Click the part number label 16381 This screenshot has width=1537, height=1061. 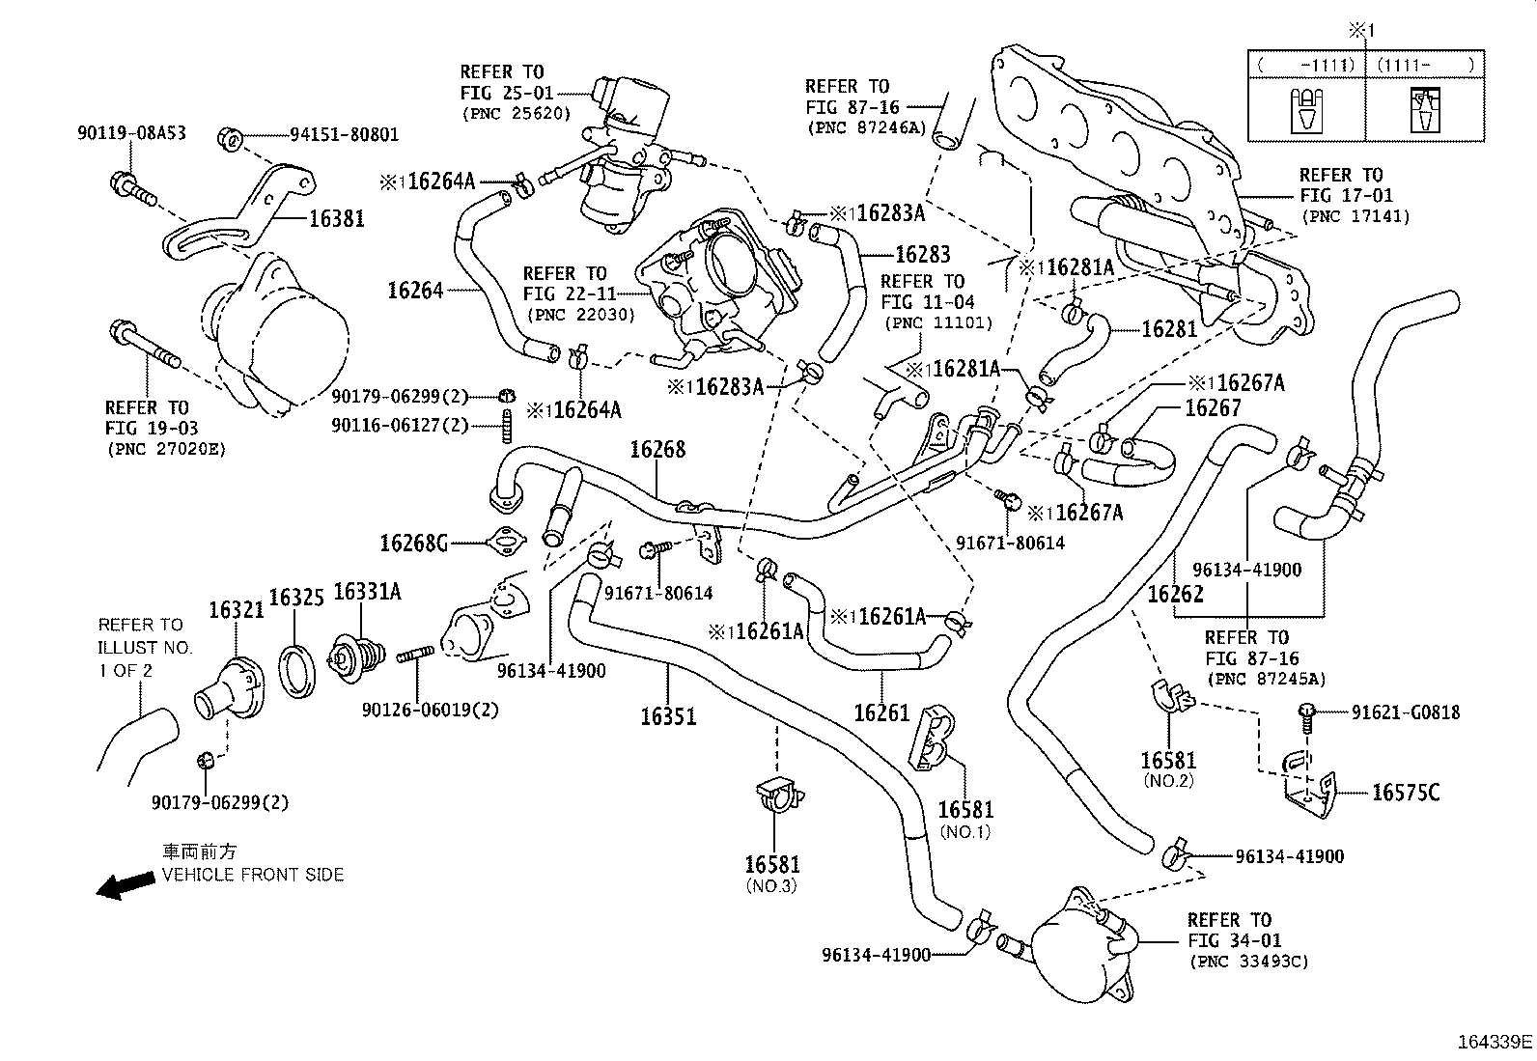336,219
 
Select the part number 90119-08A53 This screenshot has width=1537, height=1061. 131,133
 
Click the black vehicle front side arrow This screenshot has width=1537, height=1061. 126,884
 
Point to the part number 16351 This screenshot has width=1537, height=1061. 668,716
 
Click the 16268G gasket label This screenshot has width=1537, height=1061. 414,543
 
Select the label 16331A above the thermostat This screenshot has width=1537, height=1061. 367,591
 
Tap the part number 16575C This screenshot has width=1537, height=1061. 1406,793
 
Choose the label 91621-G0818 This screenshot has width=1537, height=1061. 1406,712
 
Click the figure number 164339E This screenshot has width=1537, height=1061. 1495,1042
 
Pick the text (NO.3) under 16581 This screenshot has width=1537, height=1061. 771,885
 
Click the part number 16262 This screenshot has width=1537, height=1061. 1175,594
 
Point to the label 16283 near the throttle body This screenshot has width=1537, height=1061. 923,254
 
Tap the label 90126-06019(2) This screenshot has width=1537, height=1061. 431,710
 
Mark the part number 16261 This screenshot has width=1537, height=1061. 881,712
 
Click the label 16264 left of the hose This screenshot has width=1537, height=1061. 415,290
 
